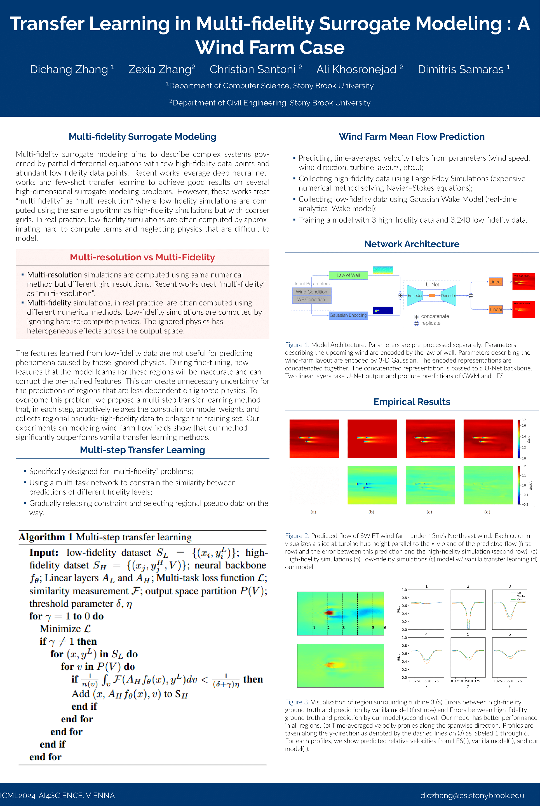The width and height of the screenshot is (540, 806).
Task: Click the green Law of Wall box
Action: click(348, 275)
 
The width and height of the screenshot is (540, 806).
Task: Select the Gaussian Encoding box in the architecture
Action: click(348, 315)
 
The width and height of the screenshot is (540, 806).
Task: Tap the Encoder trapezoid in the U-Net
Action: click(415, 296)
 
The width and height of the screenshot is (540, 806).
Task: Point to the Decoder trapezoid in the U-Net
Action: click(449, 296)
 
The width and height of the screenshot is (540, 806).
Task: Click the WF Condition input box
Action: click(311, 300)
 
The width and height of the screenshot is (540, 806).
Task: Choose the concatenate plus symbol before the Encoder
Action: click(400, 296)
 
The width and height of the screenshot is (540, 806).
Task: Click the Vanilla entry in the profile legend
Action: click(521, 596)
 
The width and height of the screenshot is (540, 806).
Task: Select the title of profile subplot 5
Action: click(468, 634)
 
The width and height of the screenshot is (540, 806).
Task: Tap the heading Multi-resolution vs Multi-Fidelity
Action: click(142, 257)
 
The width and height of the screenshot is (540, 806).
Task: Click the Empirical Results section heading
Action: click(412, 402)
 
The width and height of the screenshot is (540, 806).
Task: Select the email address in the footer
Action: click(472, 795)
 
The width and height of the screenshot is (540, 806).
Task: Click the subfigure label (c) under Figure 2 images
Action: click(429, 512)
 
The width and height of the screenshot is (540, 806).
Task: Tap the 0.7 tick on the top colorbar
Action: click(523, 420)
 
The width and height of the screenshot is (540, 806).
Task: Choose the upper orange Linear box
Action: click(496, 282)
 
